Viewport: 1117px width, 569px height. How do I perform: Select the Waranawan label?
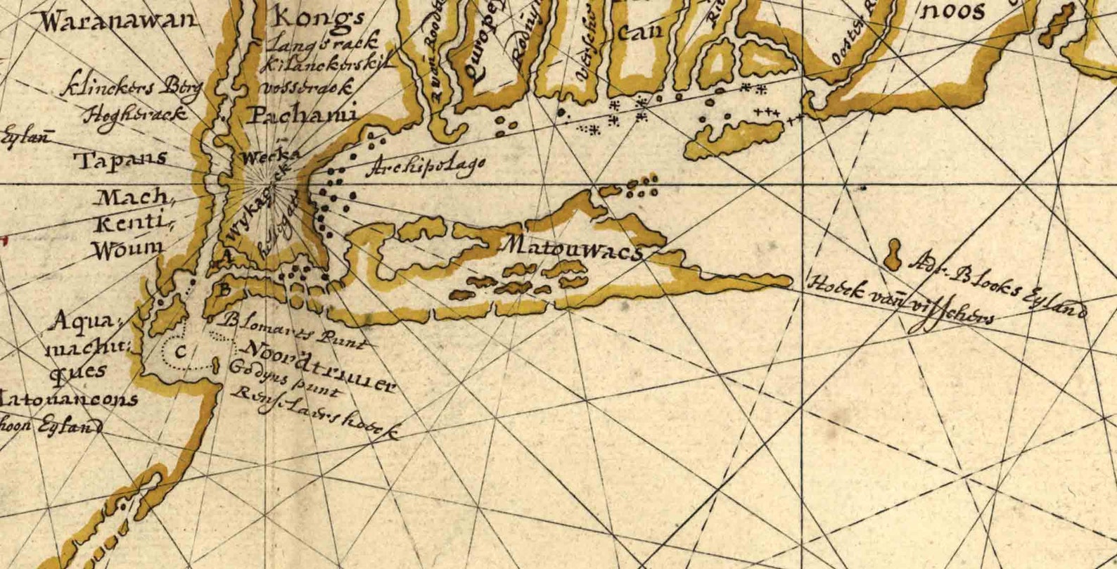click(118, 20)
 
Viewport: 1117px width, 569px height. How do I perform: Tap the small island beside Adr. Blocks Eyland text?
click(894, 254)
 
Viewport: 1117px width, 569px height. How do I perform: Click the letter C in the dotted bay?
click(181, 352)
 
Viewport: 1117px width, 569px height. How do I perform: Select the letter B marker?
click(224, 288)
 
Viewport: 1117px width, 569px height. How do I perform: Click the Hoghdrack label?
click(135, 115)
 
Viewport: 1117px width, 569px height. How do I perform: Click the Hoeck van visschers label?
click(901, 302)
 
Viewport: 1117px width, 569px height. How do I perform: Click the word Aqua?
click(83, 323)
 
